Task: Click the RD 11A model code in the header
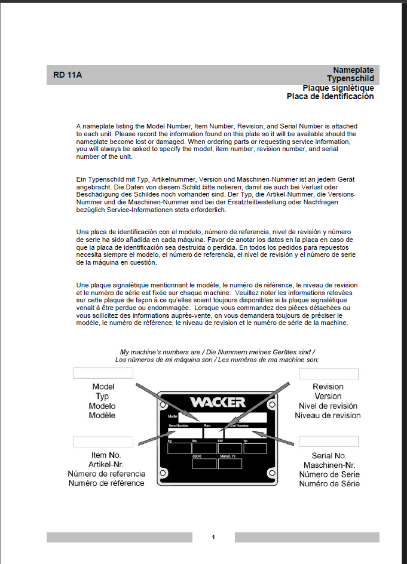[x=67, y=75]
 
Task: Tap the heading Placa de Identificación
[x=330, y=96]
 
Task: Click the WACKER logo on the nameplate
[x=218, y=401]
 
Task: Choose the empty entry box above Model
[x=103, y=373]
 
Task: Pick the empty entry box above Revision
[x=329, y=374]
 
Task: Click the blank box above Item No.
[x=103, y=442]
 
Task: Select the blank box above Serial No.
[x=329, y=442]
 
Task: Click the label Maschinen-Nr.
[x=329, y=465]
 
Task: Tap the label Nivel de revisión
[x=328, y=406]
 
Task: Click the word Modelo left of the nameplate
[x=102, y=406]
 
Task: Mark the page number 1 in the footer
[x=213, y=537]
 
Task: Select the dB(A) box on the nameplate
[x=204, y=464]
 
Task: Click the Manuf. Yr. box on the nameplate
[x=229, y=464]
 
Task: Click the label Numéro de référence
[x=106, y=483]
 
